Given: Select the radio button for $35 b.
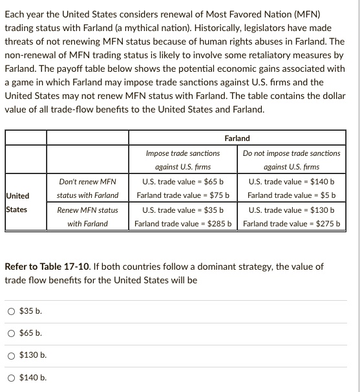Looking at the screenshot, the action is (x=12, y=311).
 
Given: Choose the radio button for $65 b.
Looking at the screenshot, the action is (x=12, y=333).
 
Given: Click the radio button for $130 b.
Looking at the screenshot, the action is (x=12, y=355).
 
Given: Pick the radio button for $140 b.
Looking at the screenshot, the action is (x=12, y=378).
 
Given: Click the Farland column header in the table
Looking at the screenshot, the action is (x=237, y=138).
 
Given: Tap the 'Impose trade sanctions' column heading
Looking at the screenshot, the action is (x=183, y=153).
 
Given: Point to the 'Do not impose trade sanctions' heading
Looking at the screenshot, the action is (x=291, y=153).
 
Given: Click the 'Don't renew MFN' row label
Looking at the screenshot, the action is (x=87, y=182).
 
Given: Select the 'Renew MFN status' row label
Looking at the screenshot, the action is (x=87, y=210).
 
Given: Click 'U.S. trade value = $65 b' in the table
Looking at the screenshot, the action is (x=183, y=182).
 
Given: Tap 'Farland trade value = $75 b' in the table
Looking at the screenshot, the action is (x=183, y=195).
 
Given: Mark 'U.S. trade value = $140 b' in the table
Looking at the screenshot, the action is (x=291, y=182).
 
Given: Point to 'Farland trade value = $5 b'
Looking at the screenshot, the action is (x=291, y=195).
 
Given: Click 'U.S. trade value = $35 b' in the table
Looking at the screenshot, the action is (x=183, y=210).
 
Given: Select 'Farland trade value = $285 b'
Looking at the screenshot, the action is (x=183, y=224).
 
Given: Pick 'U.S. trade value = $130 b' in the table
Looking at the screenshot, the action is (x=291, y=210).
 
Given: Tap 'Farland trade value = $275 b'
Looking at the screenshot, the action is (x=291, y=224).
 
